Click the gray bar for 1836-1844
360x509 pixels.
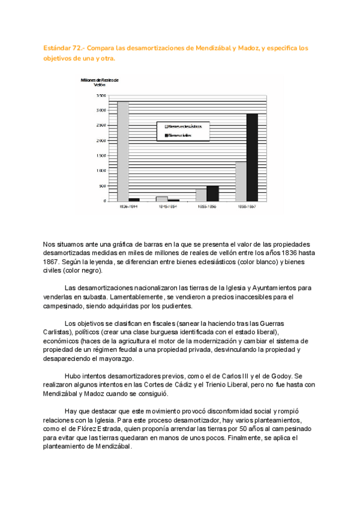tap(122, 151)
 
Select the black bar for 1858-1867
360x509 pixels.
tap(252, 157)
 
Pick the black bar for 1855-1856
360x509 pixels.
tap(213, 193)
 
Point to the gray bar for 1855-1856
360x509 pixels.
tap(201, 195)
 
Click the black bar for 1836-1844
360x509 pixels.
tap(134, 199)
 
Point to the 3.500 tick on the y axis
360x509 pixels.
tap(100, 95)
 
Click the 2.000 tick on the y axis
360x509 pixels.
tap(100, 140)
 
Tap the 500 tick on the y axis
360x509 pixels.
tap(101, 185)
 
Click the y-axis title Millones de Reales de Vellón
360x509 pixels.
tap(100, 82)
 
